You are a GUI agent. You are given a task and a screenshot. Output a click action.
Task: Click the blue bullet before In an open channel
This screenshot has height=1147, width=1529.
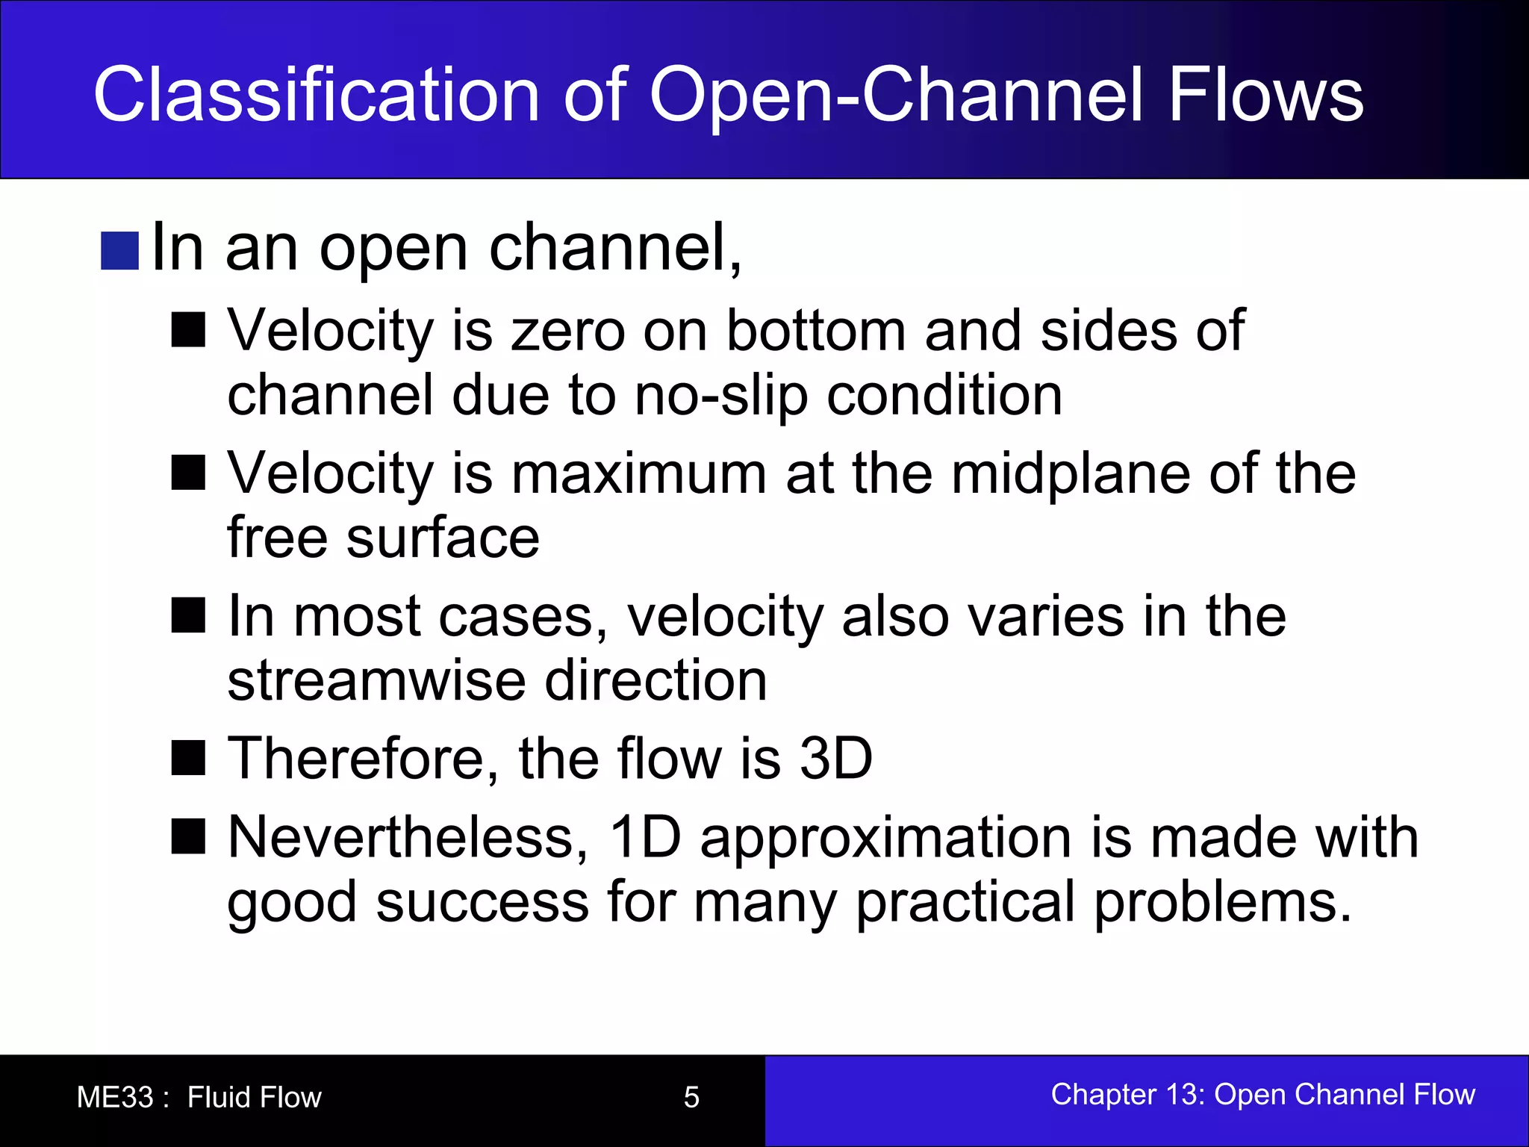click(x=119, y=251)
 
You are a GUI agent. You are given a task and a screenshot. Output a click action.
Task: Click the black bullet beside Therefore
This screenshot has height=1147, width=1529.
click(x=188, y=759)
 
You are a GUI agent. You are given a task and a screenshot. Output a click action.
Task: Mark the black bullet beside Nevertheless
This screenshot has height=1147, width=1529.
click(x=188, y=837)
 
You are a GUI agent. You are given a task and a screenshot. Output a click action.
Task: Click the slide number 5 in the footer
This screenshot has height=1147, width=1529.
click(x=691, y=1097)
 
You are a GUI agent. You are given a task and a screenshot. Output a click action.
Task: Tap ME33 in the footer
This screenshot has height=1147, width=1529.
click(x=115, y=1097)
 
